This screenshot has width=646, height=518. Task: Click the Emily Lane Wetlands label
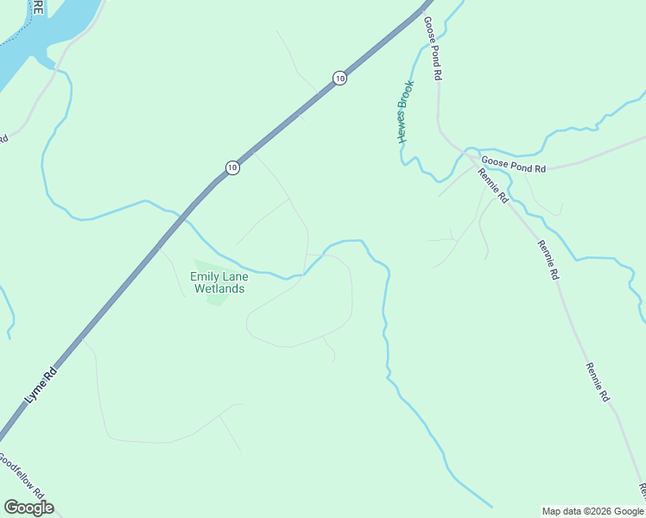(218, 282)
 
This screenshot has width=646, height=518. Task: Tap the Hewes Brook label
(405, 111)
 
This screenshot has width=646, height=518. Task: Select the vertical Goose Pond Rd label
(432, 48)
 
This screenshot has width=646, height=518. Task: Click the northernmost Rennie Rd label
(493, 186)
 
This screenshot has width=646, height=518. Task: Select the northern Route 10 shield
(339, 79)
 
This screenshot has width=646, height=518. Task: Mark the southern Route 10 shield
(231, 167)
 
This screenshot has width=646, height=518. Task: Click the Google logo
(28, 508)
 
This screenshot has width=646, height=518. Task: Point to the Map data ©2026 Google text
(592, 511)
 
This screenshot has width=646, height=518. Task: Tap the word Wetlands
(218, 288)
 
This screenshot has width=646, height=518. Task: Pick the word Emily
(206, 276)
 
